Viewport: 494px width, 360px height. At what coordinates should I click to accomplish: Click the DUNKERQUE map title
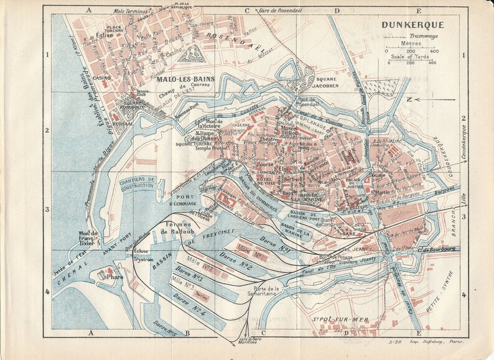click(x=409, y=25)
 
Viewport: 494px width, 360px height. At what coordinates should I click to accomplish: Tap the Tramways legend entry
click(x=411, y=37)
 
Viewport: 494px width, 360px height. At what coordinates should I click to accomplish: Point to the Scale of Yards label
click(x=411, y=56)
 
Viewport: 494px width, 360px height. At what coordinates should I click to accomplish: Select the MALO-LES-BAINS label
click(x=182, y=80)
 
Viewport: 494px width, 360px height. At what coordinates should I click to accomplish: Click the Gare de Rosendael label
click(x=284, y=11)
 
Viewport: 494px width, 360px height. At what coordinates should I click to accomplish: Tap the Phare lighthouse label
click(x=114, y=277)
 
